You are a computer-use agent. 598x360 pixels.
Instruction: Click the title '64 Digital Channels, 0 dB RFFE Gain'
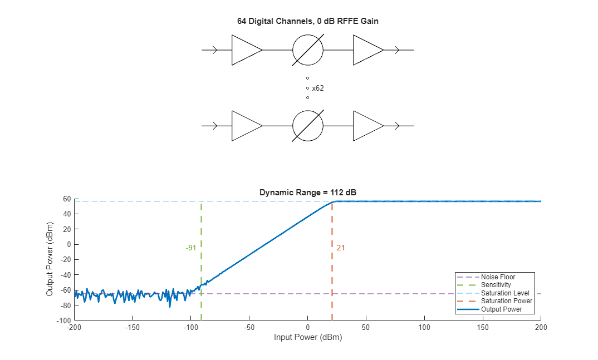pyautogui.click(x=307, y=21)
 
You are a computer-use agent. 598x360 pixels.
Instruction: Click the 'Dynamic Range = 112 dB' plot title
pyautogui.click(x=307, y=193)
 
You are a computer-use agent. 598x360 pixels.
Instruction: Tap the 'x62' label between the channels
pyautogui.click(x=318, y=88)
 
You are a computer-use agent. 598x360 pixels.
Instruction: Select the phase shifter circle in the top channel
pyautogui.click(x=308, y=50)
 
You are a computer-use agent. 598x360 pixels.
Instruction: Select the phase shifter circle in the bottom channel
pyautogui.click(x=308, y=126)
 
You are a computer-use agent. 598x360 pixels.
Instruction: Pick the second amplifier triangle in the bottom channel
pyautogui.click(x=366, y=126)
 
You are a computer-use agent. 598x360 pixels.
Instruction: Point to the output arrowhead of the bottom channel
pyautogui.click(x=396, y=126)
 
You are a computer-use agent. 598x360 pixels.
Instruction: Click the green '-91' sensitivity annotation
pyautogui.click(x=191, y=248)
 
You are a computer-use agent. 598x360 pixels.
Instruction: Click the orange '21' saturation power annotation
pyautogui.click(x=341, y=248)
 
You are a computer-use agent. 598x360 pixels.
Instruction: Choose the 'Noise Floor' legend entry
pyautogui.click(x=498, y=277)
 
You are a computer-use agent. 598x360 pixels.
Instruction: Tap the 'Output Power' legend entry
pyautogui.click(x=501, y=309)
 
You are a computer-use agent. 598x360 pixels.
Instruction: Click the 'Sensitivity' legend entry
pyautogui.click(x=496, y=285)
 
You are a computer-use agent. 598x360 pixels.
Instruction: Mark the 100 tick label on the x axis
pyautogui.click(x=424, y=327)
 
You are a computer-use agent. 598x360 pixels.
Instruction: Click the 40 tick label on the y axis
pyautogui.click(x=66, y=214)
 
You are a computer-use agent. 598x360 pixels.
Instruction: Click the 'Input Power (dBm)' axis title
pyautogui.click(x=307, y=337)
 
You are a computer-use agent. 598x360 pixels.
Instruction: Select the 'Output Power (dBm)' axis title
pyautogui.click(x=50, y=259)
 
